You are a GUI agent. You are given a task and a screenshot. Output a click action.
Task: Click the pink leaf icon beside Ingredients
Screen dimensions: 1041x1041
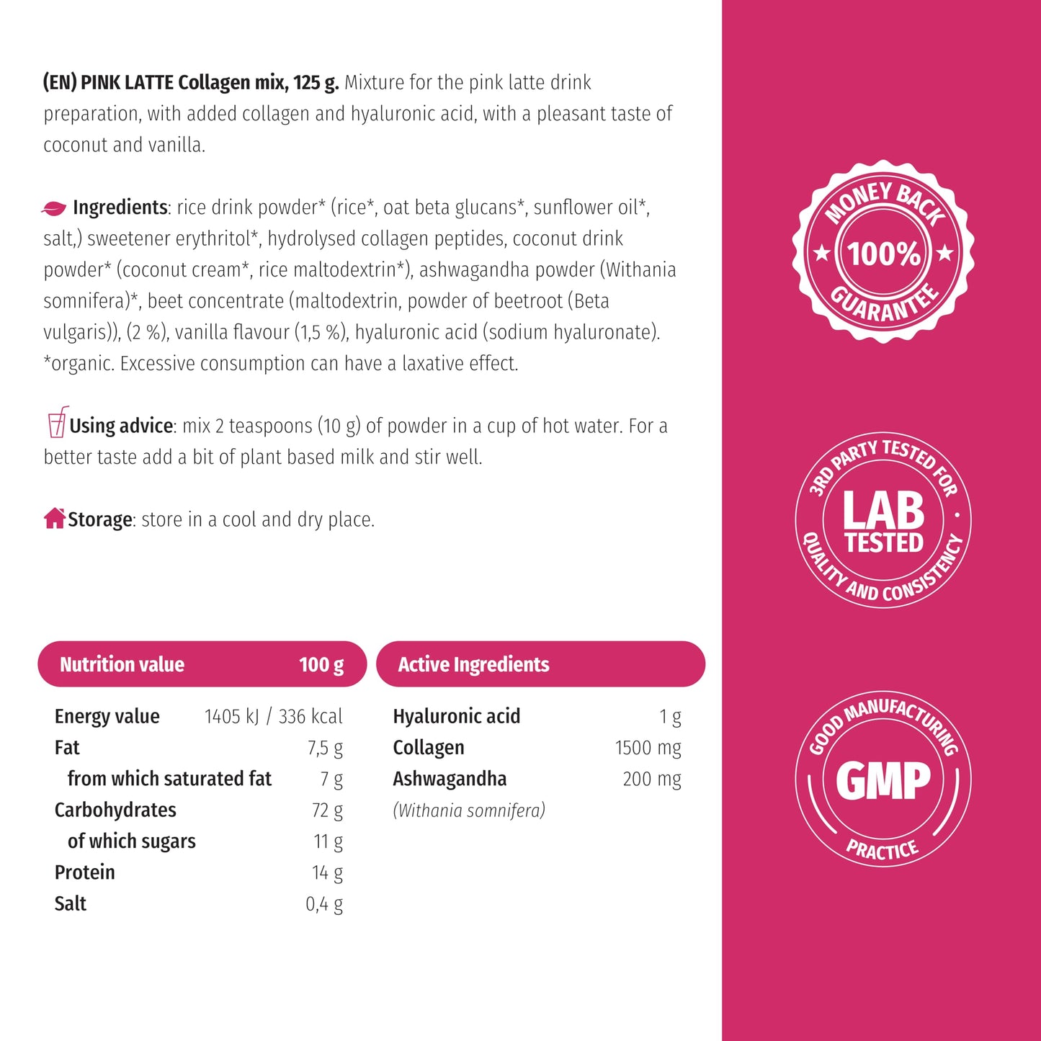[x=54, y=208]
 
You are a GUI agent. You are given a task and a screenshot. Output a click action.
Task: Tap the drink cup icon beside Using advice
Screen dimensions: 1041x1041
[x=58, y=422]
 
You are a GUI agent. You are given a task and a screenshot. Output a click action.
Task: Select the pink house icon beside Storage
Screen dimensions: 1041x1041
[x=54, y=518]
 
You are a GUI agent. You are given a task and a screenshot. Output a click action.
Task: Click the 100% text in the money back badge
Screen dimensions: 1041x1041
[x=883, y=254]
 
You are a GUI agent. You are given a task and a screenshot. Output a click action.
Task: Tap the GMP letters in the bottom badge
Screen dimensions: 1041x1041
[x=883, y=781]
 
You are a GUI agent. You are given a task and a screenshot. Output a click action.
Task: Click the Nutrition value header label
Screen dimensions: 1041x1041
[x=122, y=664]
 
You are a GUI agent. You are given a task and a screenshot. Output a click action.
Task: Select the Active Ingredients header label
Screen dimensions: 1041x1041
[x=473, y=664]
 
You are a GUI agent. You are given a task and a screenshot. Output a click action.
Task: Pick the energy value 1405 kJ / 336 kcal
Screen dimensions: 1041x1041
[x=273, y=716]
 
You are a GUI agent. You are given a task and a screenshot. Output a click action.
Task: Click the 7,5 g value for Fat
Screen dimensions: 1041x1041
[x=325, y=748]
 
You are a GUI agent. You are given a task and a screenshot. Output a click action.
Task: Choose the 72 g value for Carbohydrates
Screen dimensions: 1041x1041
[x=327, y=810]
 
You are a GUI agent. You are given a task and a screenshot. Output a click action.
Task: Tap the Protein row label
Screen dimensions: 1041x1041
[x=85, y=872]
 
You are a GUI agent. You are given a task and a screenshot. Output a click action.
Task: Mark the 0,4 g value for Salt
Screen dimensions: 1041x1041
[x=324, y=904]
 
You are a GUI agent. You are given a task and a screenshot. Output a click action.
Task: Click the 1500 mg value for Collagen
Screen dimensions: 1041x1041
[x=648, y=748]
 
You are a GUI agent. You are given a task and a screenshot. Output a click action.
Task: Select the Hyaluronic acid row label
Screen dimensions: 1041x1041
[x=456, y=716]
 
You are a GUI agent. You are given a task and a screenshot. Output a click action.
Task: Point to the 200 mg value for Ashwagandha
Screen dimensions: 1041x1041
[x=652, y=779]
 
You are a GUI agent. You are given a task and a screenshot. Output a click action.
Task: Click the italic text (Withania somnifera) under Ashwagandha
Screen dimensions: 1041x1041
[x=469, y=810]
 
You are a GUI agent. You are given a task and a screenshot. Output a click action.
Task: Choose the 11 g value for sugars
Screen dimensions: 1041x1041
[x=328, y=841]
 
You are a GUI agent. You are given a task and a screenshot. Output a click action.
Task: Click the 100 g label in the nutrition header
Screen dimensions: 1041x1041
[x=321, y=664]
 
